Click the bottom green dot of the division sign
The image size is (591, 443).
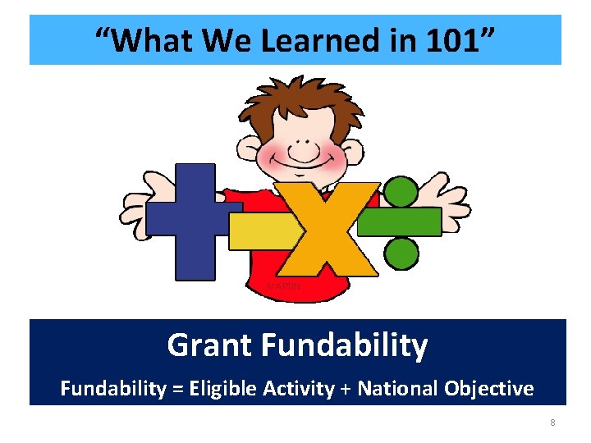(x=401, y=253)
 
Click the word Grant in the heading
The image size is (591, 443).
(x=209, y=345)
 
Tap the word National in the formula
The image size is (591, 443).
(x=396, y=388)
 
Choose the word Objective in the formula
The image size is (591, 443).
(x=492, y=388)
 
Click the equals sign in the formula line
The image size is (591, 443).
(x=177, y=389)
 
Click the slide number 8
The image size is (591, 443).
(x=552, y=423)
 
